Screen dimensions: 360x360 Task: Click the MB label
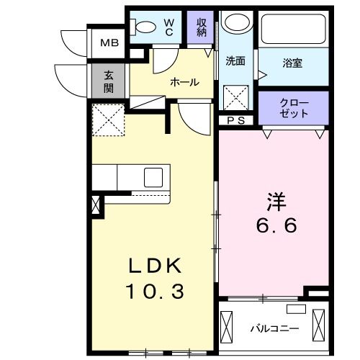click(109, 42)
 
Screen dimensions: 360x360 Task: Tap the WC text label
click(168, 27)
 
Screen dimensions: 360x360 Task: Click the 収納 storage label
click(202, 27)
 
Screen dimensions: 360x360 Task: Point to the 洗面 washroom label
click(235, 61)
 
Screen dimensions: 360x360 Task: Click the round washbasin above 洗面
click(234, 23)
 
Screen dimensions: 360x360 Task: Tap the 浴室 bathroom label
click(292, 63)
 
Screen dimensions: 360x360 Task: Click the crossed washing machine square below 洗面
click(234, 96)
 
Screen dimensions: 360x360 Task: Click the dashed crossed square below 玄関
click(109, 120)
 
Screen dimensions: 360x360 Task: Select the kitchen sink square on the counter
click(154, 177)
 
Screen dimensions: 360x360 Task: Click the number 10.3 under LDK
click(156, 292)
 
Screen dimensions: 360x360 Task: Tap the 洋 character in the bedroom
click(276, 199)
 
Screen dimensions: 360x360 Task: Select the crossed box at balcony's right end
click(317, 325)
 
